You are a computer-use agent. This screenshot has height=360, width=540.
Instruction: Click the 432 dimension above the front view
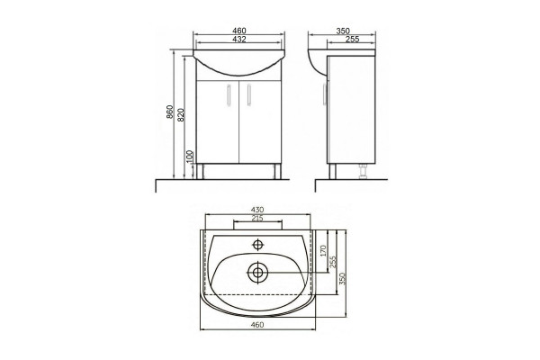[239, 40]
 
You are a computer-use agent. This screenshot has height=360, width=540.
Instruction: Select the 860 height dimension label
[169, 112]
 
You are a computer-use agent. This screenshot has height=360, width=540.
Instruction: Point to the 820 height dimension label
[181, 114]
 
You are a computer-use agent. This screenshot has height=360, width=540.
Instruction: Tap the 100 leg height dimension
[190, 157]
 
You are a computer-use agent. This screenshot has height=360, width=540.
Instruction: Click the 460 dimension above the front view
[239, 31]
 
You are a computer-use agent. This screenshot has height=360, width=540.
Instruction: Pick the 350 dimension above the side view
[343, 31]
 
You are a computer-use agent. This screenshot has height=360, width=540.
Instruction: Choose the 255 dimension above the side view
[352, 40]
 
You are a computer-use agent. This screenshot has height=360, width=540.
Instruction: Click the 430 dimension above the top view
[257, 210]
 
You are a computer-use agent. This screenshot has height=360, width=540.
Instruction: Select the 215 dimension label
[257, 218]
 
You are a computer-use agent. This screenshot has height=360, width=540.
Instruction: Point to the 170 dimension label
[323, 251]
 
